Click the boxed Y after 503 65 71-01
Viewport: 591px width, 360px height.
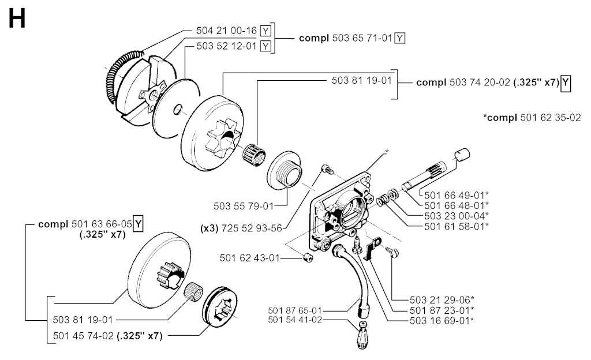(x=401, y=38)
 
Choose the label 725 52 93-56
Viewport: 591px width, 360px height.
(x=253, y=228)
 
